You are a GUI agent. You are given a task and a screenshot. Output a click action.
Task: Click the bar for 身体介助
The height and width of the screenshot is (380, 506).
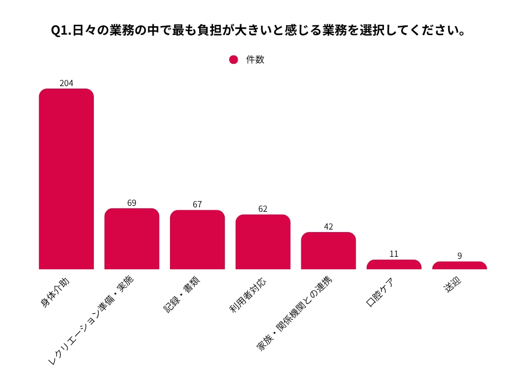coord(66,179)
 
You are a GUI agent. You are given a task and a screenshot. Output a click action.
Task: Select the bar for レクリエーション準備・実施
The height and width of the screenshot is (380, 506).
coord(132,239)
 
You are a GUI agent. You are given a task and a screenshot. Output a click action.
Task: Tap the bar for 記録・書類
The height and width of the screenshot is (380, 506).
coord(197,240)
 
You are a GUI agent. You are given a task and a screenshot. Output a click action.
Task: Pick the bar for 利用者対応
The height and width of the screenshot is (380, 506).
coord(263,242)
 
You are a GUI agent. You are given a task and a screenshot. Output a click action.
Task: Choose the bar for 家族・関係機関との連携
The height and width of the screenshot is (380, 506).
coord(329,251)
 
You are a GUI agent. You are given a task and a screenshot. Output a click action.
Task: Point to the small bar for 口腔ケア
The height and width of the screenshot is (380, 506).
coord(394,265)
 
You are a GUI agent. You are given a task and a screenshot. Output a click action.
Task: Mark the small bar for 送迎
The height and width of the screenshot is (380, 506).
coord(460,266)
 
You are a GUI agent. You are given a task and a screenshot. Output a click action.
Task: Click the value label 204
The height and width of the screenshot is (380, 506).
coord(66,83)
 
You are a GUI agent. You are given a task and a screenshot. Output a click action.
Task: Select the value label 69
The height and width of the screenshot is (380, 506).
coord(132,203)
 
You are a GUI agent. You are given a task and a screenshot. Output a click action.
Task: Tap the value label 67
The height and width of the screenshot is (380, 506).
coord(197,204)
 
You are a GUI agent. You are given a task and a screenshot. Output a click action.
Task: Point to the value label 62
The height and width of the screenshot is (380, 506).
coord(263,209)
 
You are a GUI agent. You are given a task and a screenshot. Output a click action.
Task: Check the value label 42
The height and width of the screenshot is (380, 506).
coord(329,227)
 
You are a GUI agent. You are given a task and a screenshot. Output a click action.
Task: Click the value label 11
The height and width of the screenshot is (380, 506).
coord(394,254)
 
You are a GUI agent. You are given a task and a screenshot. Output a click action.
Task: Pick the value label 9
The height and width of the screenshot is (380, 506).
coord(460,256)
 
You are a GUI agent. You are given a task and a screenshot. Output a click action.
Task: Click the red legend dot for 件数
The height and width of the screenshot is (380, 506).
coord(234,60)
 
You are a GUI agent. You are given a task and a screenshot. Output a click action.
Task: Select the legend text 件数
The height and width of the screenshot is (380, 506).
coord(255,60)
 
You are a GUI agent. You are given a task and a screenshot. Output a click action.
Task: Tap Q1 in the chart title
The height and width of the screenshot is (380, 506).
coord(61,31)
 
